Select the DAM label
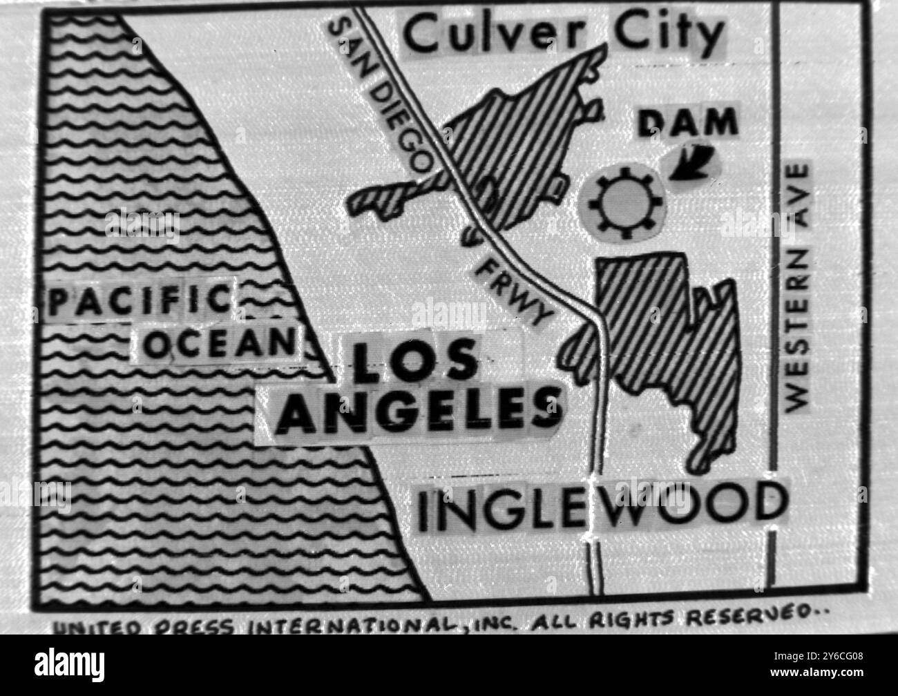pos(687,123)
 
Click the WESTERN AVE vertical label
pos(799,287)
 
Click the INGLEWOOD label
pos(601,507)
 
